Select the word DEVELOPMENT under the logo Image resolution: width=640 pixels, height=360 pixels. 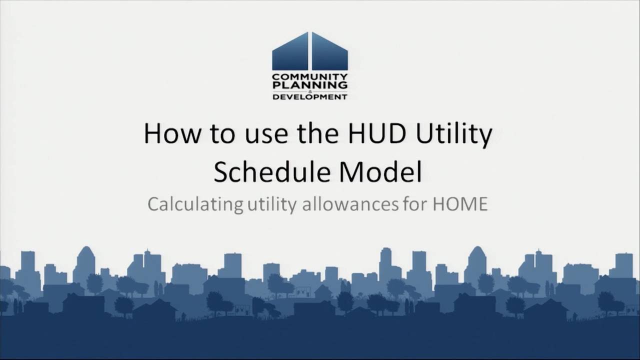click(x=310, y=96)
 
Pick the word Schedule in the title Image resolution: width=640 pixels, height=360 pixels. click(x=271, y=172)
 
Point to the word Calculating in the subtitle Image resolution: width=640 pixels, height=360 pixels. click(x=194, y=204)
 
